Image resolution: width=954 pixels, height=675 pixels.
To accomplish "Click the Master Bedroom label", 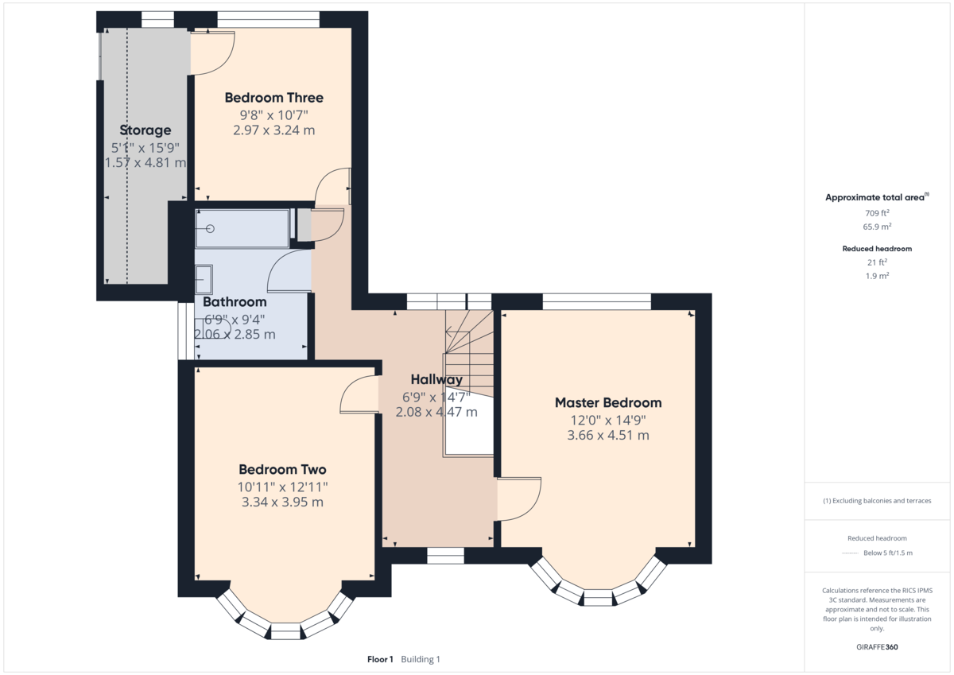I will (607, 402).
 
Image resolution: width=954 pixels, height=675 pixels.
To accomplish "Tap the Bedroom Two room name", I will (282, 469).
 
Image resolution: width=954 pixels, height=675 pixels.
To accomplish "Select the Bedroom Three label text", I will (273, 98).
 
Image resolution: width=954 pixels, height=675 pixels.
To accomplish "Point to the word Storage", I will (145, 130).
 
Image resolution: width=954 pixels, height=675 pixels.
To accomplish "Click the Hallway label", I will (436, 379).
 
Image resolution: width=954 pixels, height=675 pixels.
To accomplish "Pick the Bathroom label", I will (235, 302).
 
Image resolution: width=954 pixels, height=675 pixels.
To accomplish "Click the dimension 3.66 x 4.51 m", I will (607, 435).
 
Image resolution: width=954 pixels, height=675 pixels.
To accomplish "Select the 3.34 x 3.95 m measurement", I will (282, 502).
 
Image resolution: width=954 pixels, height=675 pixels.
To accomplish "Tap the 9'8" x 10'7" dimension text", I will (273, 114).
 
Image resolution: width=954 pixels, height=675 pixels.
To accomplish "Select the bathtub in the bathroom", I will (242, 229).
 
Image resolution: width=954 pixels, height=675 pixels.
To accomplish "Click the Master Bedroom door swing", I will (518, 498).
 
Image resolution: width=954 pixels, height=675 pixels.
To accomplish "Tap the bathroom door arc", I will (289, 270).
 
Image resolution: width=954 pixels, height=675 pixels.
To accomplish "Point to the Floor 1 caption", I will (380, 659).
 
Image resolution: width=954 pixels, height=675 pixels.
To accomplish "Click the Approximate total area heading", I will (876, 197).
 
